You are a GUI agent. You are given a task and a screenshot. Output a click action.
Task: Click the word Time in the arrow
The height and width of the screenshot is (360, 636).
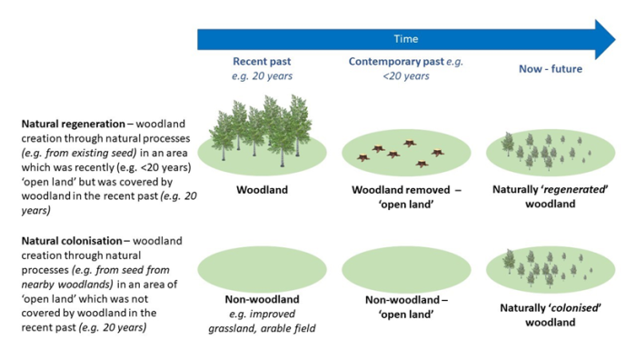coord(406,40)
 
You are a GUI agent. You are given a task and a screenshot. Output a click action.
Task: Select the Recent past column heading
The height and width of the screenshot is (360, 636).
coord(263,68)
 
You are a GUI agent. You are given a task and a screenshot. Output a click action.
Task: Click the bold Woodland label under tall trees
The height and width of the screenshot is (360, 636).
coord(263,192)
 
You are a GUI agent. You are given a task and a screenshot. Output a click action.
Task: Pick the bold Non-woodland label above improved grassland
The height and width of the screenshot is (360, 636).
coord(263,300)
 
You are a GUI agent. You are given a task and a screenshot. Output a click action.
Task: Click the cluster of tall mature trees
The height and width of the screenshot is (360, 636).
coord(263,132)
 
